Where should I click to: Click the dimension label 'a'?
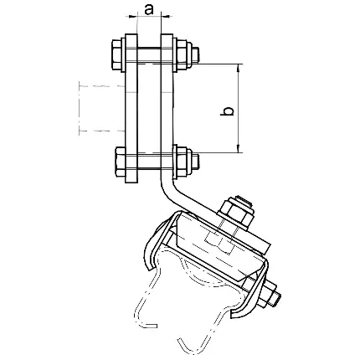[149, 10]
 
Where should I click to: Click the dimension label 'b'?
[227, 111]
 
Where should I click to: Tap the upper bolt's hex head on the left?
[116, 54]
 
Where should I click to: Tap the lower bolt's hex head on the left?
[121, 162]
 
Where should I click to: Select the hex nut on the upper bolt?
[183, 55]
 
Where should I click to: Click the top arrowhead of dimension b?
[239, 68]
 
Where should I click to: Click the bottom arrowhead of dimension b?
[239, 149]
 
